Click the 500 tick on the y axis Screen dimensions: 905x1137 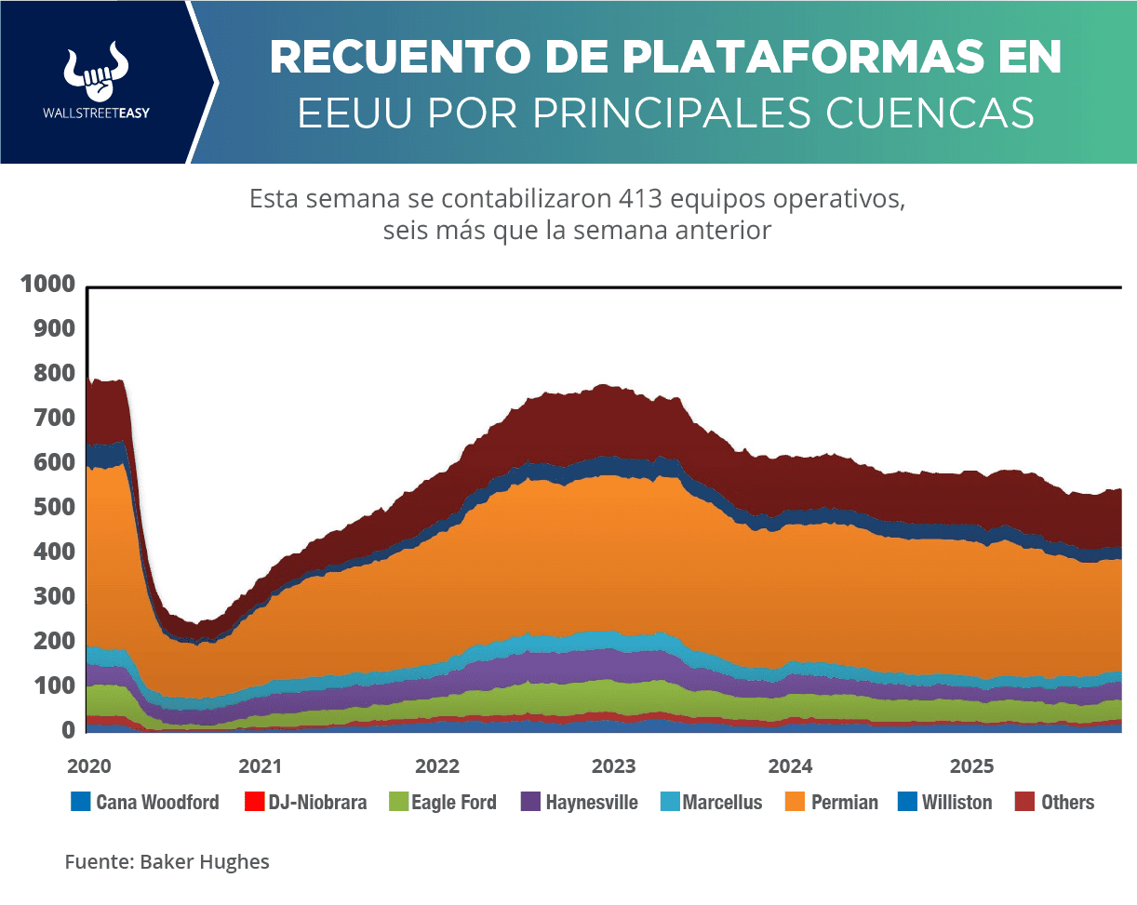pyautogui.click(x=54, y=508)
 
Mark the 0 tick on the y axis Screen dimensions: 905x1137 pyautogui.click(x=68, y=731)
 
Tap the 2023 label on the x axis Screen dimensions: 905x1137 pyautogui.click(x=613, y=767)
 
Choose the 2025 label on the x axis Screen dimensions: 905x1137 pyautogui.click(x=971, y=767)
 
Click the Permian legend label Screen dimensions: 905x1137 pyautogui.click(x=844, y=802)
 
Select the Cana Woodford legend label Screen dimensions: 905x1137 pyautogui.click(x=157, y=802)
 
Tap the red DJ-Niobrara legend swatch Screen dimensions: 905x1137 pyautogui.click(x=252, y=801)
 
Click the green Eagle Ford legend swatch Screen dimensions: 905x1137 pyautogui.click(x=395, y=801)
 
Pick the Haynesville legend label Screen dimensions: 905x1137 pyautogui.click(x=592, y=802)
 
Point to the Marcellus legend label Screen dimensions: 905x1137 pyautogui.click(x=722, y=802)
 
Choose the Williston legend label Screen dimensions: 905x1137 pyautogui.click(x=956, y=802)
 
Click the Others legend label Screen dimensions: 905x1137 pyautogui.click(x=1067, y=802)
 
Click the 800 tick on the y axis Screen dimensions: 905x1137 pyautogui.click(x=54, y=374)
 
